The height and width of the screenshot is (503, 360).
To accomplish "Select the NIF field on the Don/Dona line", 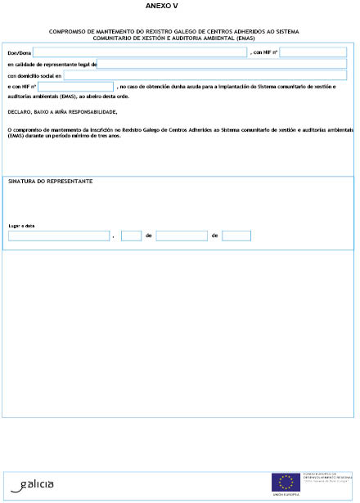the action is point(313,52).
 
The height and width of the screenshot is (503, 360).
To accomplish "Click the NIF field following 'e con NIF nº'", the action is point(75,87).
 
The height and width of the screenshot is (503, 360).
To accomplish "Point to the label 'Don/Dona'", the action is point(19,53).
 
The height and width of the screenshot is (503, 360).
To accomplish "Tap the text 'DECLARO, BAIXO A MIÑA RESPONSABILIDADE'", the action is point(62,112).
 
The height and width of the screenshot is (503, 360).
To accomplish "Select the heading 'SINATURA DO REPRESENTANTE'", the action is point(50,181).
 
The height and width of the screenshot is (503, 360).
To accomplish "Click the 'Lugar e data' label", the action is point(22,226).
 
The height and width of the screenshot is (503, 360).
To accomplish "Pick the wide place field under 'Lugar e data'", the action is point(59,236).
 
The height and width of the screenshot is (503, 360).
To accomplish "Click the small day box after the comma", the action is point(131,236).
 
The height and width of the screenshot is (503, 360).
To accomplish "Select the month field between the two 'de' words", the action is point(182,236).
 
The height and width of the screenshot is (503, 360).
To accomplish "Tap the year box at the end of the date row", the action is point(236,236).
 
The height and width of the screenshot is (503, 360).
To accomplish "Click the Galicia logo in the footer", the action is point(34,484).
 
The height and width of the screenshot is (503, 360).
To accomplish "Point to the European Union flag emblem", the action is point(286,481).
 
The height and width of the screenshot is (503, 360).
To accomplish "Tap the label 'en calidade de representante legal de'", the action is point(52,64).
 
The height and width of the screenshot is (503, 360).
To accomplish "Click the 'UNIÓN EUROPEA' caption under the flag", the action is point(286,495).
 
